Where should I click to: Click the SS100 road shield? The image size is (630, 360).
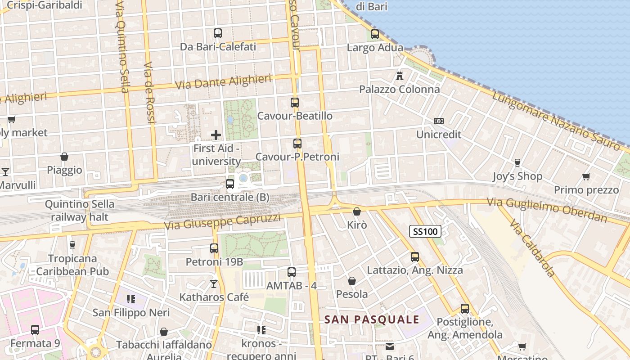(x=425, y=232)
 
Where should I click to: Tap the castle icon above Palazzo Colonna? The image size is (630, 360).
(x=399, y=76)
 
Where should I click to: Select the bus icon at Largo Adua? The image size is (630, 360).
(x=374, y=34)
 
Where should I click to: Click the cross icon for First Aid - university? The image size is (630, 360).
(x=216, y=135)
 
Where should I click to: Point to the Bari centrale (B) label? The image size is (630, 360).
(x=230, y=197)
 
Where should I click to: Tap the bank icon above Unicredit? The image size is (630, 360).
(x=439, y=121)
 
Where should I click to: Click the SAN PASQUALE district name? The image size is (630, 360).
(x=372, y=319)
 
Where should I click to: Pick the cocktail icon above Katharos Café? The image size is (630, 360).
(x=214, y=284)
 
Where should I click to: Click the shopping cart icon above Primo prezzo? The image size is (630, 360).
(x=586, y=176)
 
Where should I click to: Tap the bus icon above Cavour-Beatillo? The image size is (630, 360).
(x=295, y=102)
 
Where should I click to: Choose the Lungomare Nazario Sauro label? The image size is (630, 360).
(x=556, y=121)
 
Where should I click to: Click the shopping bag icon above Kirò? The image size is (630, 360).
(x=357, y=211)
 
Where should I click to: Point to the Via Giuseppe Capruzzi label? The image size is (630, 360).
(x=222, y=221)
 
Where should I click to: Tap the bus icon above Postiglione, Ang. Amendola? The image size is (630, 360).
(x=465, y=309)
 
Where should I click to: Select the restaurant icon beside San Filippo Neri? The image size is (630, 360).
(x=131, y=299)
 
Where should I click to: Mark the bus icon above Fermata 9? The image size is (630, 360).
(x=35, y=330)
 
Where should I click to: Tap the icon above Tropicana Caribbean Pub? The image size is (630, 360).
(x=72, y=245)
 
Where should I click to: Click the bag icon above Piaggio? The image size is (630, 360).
(x=64, y=157)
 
